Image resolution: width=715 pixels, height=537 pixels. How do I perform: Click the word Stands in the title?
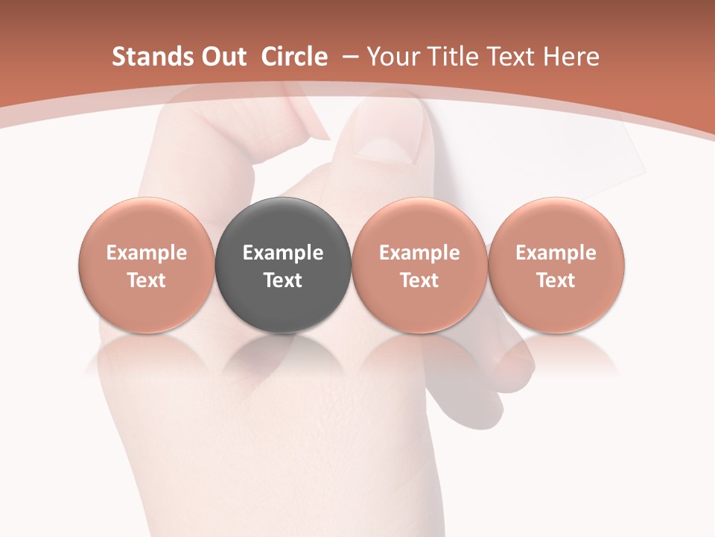(x=144, y=57)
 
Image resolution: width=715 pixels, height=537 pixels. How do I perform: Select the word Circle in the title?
(x=294, y=57)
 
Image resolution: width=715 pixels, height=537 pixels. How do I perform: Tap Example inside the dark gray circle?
(x=283, y=253)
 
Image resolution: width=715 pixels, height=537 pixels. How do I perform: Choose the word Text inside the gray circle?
(x=283, y=280)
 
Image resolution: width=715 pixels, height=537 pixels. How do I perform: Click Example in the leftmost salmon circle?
(x=147, y=253)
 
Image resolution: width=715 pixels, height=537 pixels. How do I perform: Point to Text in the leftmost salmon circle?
(x=147, y=280)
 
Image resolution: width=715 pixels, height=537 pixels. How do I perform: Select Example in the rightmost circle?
(x=556, y=253)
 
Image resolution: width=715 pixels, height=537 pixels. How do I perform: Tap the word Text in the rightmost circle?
(x=556, y=280)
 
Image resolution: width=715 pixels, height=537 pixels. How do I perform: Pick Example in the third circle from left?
(x=419, y=253)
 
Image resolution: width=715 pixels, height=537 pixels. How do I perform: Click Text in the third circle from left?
(x=419, y=280)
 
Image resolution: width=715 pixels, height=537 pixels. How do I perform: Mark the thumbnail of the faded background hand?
(x=387, y=138)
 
